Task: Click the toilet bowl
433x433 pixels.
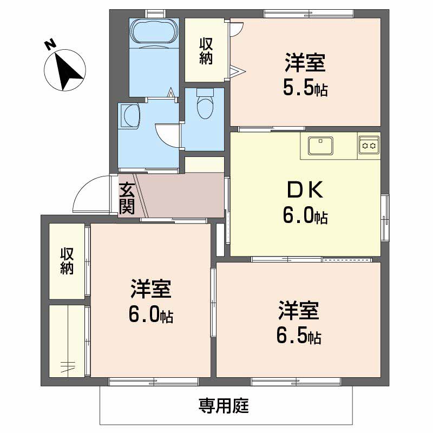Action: click(x=205, y=106)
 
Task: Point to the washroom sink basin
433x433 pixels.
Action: click(x=131, y=115)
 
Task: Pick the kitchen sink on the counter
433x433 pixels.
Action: click(x=320, y=146)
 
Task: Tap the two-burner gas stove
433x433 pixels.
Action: click(x=369, y=145)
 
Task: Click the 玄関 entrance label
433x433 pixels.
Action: click(x=127, y=199)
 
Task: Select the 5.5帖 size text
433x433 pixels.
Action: click(x=305, y=88)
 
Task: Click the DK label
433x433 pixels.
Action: click(x=305, y=189)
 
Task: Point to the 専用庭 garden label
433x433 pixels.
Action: click(x=223, y=405)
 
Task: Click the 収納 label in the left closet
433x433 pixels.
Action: click(x=67, y=261)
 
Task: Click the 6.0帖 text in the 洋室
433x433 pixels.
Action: click(x=150, y=315)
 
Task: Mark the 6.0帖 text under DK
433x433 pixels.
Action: click(x=305, y=216)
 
